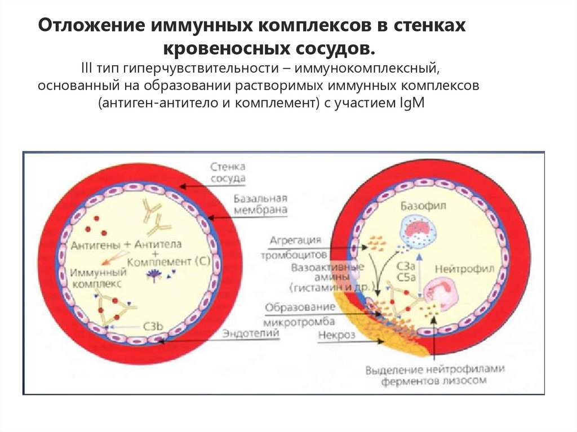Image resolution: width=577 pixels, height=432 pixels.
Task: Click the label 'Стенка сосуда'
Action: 228,173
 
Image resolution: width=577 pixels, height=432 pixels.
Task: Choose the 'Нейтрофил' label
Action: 463,269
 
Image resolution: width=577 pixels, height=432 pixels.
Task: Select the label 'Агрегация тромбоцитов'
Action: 295,247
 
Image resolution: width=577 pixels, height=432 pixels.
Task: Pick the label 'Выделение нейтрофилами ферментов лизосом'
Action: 434,375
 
